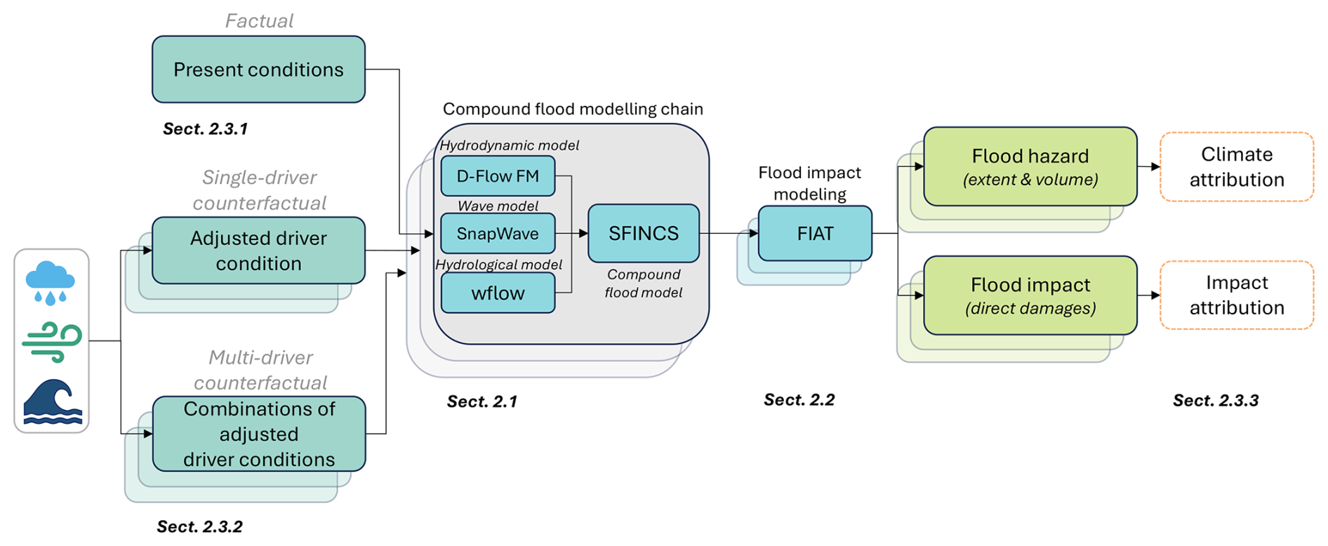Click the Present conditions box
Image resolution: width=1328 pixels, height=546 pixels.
coord(258,69)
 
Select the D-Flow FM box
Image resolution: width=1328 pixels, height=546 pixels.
coord(498,175)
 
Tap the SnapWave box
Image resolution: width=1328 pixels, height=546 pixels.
coord(498,233)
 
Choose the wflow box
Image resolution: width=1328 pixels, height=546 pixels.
coord(498,293)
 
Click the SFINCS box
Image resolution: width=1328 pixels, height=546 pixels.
coord(643,233)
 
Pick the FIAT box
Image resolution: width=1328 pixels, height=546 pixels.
coord(815,233)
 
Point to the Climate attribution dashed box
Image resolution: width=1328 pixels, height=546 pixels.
coord(1236,167)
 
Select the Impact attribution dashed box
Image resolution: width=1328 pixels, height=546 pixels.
coord(1236,295)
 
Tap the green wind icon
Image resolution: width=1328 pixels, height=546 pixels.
coord(52,342)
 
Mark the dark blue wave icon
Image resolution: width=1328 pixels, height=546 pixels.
coord(53,401)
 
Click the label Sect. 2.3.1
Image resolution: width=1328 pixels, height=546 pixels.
coord(205,129)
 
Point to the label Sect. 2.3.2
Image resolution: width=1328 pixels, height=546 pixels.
coord(199,527)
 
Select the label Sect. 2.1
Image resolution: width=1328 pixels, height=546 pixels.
coord(482,401)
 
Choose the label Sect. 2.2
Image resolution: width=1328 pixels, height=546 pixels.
coord(799,400)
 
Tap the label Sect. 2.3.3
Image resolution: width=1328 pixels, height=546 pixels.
coord(1216,401)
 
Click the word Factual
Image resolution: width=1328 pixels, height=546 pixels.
coord(259,21)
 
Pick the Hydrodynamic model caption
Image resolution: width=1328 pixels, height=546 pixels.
coord(509,145)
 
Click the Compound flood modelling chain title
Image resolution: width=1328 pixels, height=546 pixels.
coord(573,109)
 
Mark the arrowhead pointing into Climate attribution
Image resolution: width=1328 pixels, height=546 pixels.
coord(1155,167)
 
